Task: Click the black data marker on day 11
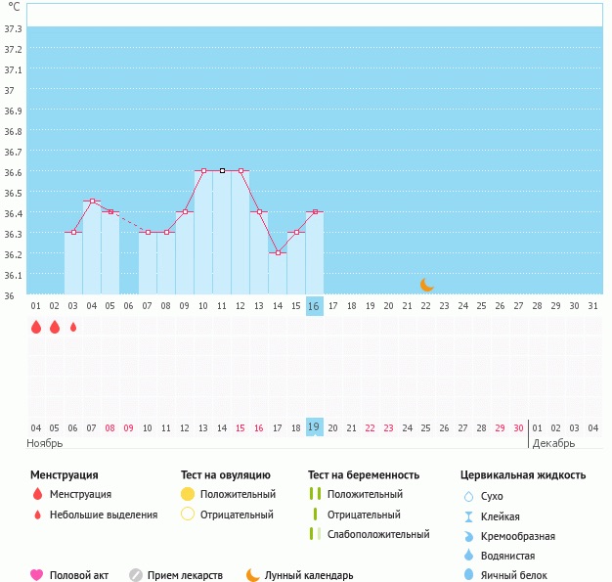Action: (222, 171)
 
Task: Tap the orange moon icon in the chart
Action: (426, 285)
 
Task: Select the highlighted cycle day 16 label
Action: (314, 306)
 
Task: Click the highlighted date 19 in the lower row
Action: (314, 427)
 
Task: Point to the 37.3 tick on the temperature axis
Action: (14, 28)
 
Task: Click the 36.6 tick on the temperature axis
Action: (14, 172)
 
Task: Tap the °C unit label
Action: (14, 7)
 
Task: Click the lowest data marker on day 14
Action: (278, 253)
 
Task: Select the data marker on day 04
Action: (92, 201)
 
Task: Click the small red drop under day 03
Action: (73, 327)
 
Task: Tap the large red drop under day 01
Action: (36, 328)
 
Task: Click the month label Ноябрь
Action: (45, 444)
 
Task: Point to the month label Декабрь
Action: (554, 444)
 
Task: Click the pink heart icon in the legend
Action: (37, 575)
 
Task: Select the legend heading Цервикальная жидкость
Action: (523, 475)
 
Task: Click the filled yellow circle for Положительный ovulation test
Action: (188, 494)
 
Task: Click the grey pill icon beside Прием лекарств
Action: (136, 575)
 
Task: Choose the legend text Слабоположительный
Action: (379, 534)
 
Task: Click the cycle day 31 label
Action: (592, 306)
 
